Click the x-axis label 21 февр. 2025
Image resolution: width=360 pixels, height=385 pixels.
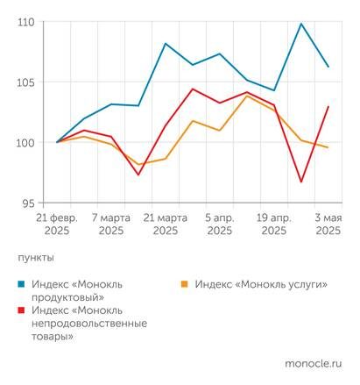click(57, 224)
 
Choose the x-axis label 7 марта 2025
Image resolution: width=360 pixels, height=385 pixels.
click(111, 224)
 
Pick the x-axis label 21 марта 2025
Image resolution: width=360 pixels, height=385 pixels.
click(165, 224)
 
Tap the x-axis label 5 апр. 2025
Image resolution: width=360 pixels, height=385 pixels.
click(220, 224)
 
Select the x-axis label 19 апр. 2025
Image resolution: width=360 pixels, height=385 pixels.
click(273, 224)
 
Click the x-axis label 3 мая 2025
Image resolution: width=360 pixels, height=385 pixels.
click(327, 224)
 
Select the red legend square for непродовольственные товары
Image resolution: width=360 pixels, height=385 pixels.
click(22, 311)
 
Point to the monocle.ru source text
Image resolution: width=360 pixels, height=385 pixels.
click(313, 363)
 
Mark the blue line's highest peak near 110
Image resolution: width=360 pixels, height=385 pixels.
click(301, 24)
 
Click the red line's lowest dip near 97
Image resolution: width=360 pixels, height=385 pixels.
click(301, 182)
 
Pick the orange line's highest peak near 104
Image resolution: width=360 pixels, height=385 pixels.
click(248, 96)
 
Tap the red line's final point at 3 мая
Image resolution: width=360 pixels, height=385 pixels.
click(328, 107)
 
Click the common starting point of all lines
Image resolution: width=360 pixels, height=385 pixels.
click(58, 142)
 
